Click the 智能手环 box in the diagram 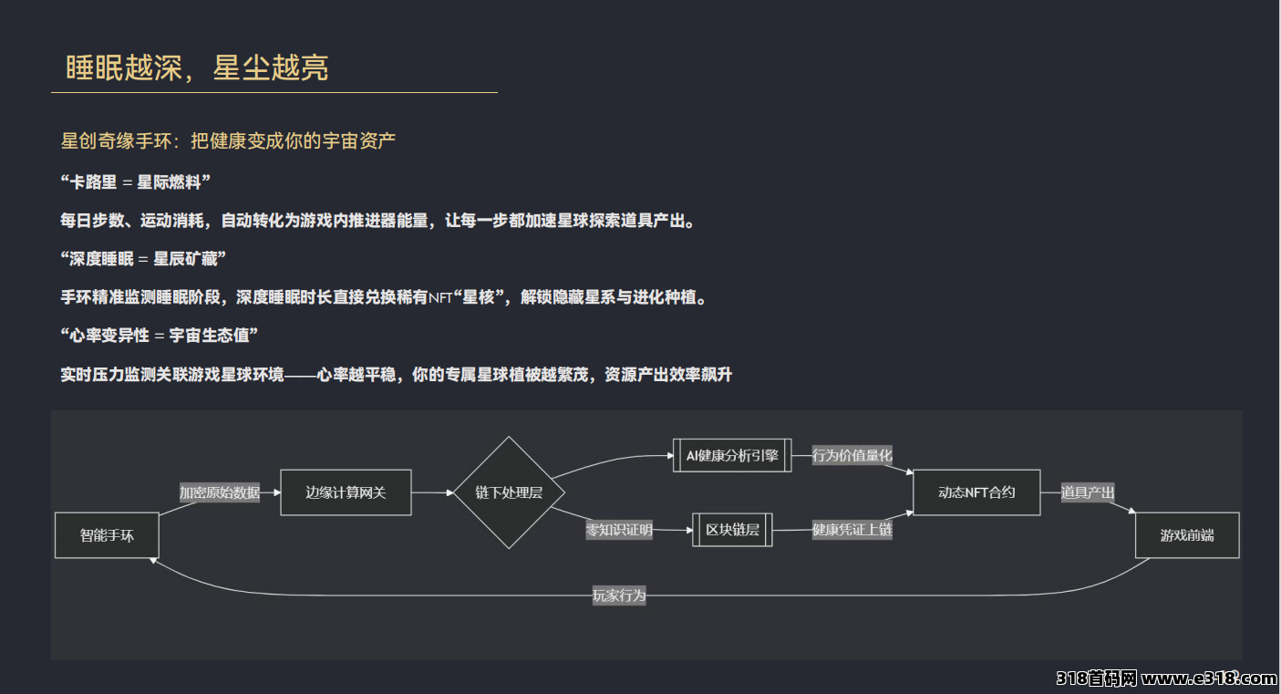107,535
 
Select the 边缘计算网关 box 346,492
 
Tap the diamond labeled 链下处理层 509,492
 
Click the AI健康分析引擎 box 732,455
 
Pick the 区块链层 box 732,530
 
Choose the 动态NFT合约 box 976,492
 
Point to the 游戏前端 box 1187,535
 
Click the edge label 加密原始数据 220,492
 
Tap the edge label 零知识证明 619,530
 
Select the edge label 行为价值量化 852,455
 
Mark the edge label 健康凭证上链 852,530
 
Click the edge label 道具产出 1087,492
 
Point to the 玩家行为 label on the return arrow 619,596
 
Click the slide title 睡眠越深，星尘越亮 197,67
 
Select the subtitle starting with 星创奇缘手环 228,141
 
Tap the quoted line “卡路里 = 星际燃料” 136,181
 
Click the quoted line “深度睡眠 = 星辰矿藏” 143,259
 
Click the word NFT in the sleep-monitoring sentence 440,298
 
